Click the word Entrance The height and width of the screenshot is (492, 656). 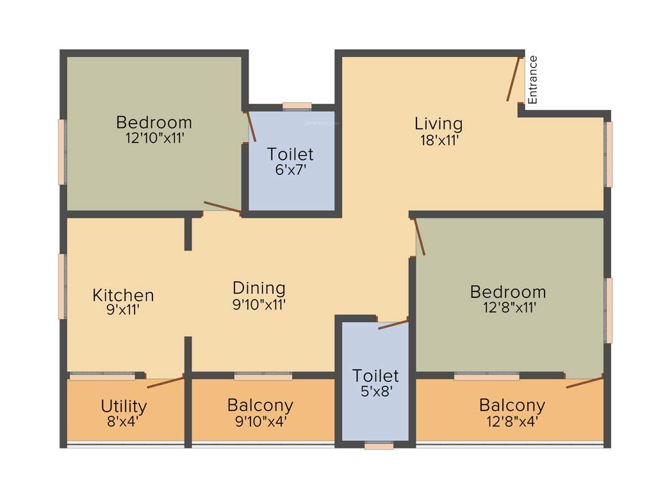(x=533, y=79)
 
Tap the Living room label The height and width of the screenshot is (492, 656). (x=438, y=124)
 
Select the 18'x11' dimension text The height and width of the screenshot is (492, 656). (x=438, y=140)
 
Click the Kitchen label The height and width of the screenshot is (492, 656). (x=123, y=295)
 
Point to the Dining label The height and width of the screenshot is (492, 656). (x=259, y=288)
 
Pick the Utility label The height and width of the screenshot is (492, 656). (x=124, y=406)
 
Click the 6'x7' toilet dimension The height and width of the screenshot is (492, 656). (x=290, y=170)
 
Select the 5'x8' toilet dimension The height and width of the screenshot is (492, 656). (x=375, y=391)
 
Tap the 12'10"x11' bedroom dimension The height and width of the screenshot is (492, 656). (x=155, y=138)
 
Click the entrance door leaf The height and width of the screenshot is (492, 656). (x=513, y=79)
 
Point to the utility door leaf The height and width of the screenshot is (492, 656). (x=166, y=382)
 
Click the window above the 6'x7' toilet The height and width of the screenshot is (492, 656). (x=297, y=106)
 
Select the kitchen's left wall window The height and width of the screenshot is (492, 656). (x=62, y=286)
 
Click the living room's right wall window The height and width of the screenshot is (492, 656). (x=609, y=154)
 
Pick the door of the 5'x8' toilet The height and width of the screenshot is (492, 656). (x=393, y=324)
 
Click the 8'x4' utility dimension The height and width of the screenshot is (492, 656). (x=124, y=422)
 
